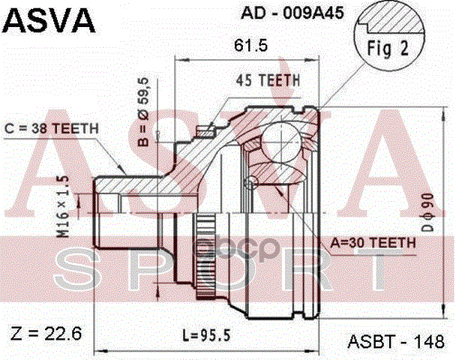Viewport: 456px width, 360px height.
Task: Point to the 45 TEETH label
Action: click(x=268, y=79)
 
